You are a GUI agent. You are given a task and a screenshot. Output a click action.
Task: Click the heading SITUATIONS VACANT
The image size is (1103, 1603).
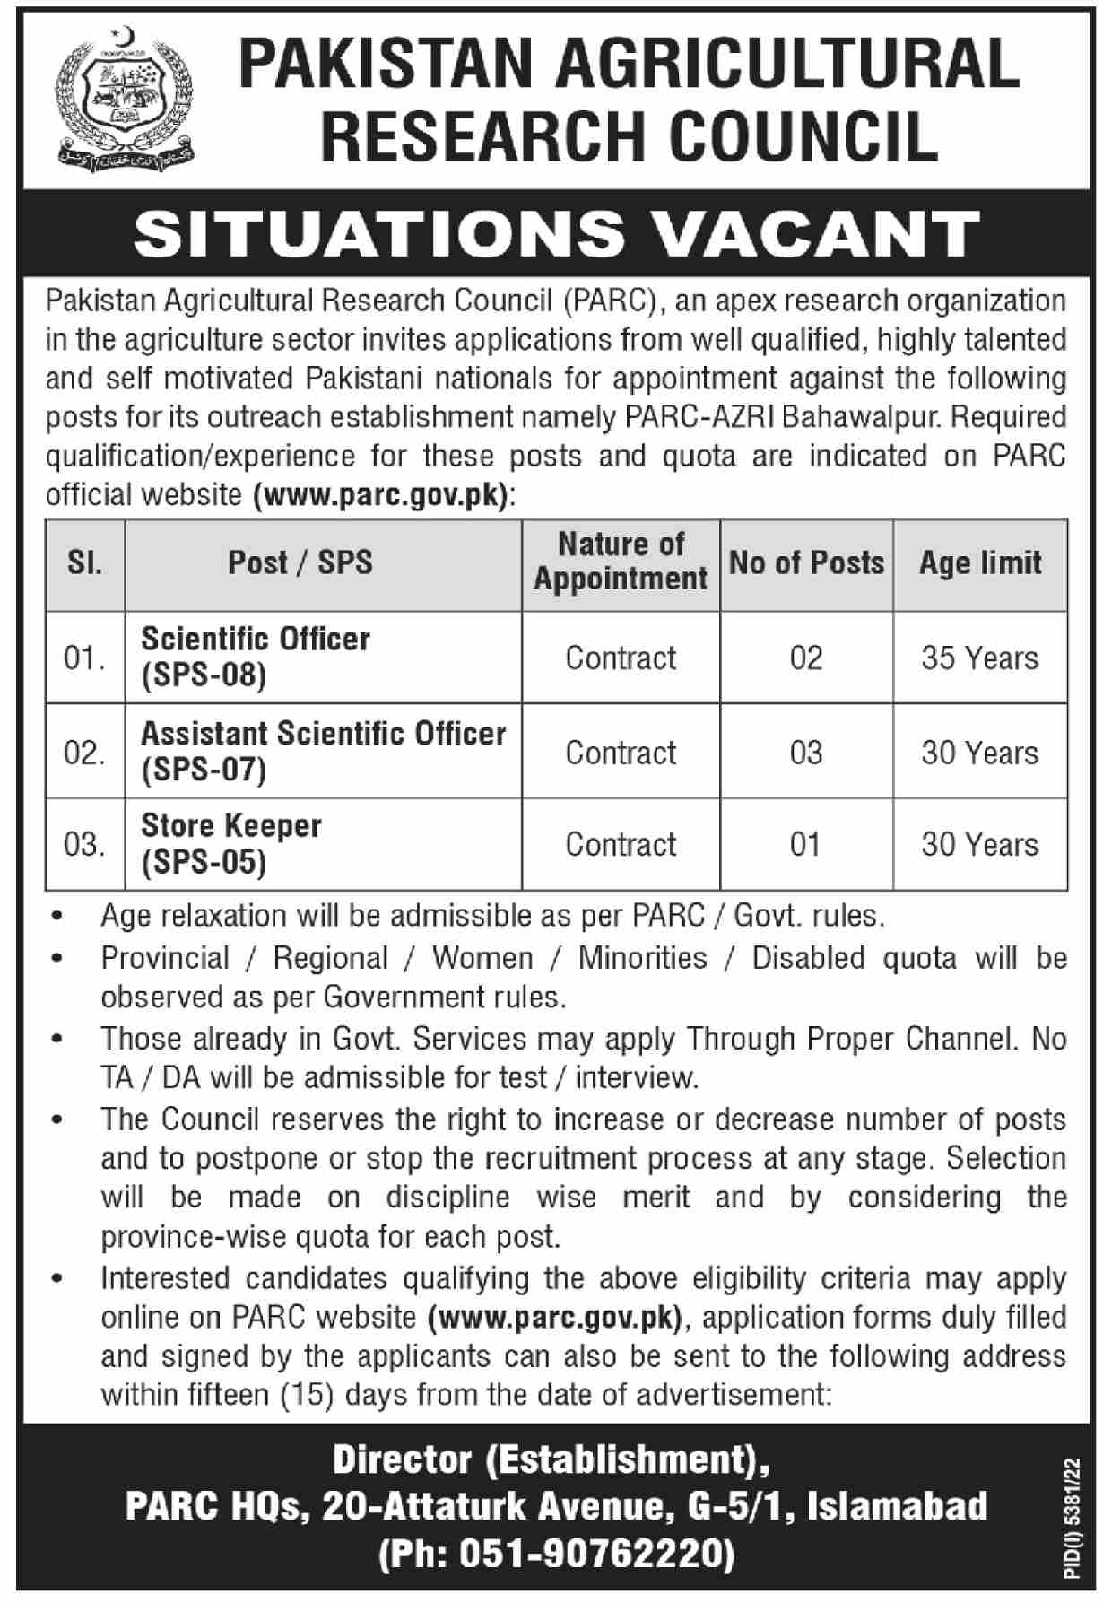click(556, 233)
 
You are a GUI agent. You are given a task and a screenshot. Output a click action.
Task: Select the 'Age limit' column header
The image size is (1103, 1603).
click(980, 563)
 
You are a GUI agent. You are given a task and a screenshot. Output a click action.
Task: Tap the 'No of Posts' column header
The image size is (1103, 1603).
click(806, 563)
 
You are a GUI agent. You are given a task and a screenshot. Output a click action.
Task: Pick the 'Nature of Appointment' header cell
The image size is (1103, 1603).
click(621, 562)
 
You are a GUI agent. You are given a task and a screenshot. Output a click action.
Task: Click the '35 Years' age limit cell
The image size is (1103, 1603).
click(980, 658)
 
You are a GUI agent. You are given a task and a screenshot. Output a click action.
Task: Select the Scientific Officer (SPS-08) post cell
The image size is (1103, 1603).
click(256, 657)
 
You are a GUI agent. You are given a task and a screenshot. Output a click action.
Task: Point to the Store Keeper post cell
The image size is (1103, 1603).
click(231, 843)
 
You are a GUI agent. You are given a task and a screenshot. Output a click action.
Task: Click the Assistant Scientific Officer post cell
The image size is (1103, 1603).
click(323, 752)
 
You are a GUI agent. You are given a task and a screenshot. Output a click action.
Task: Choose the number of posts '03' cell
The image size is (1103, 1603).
click(806, 753)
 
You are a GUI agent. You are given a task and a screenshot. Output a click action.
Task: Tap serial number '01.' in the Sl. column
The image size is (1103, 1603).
click(84, 659)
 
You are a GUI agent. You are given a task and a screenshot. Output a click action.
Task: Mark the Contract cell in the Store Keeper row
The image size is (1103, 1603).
click(621, 844)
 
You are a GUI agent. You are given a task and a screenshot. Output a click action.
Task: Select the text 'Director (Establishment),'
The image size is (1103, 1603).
click(551, 1461)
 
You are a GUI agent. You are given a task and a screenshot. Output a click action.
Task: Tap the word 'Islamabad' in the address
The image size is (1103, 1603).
click(898, 1507)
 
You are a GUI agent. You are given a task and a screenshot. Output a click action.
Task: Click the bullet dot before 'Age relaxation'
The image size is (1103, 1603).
click(58, 918)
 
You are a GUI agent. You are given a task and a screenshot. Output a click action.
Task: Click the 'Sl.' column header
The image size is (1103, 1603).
click(84, 563)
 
